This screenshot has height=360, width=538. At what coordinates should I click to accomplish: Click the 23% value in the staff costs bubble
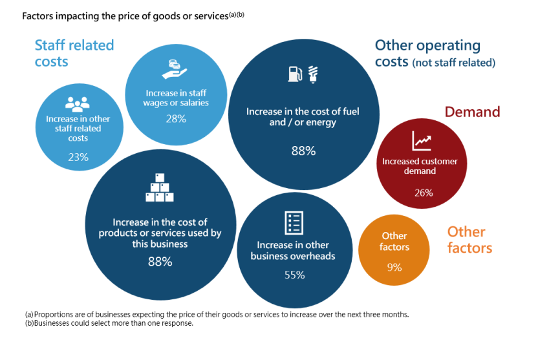pos(78,157)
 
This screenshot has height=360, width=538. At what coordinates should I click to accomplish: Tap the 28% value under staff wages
pos(175,118)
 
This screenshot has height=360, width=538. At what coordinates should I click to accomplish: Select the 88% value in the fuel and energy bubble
pos(303,151)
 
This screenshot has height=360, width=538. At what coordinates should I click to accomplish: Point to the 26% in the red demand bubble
pos(424,193)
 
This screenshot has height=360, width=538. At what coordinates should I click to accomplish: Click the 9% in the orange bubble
pos(394,266)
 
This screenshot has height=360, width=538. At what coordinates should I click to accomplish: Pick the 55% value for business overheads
pos(294,274)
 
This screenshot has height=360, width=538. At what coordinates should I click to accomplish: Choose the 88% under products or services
pos(160,262)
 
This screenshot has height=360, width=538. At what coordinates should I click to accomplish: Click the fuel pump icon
pos(294,74)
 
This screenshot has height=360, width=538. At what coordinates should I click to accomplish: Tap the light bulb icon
pos(313,74)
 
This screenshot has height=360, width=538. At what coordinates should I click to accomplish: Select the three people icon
pos(78,103)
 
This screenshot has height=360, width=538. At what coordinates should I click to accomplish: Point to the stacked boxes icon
pos(160,188)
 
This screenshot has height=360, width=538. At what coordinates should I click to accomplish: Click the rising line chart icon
pos(421,141)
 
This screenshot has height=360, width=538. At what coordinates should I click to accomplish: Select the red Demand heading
pos(472,112)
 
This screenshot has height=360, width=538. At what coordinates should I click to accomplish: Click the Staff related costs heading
pos(74,53)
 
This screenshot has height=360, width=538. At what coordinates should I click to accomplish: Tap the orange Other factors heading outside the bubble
pos(469,240)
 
